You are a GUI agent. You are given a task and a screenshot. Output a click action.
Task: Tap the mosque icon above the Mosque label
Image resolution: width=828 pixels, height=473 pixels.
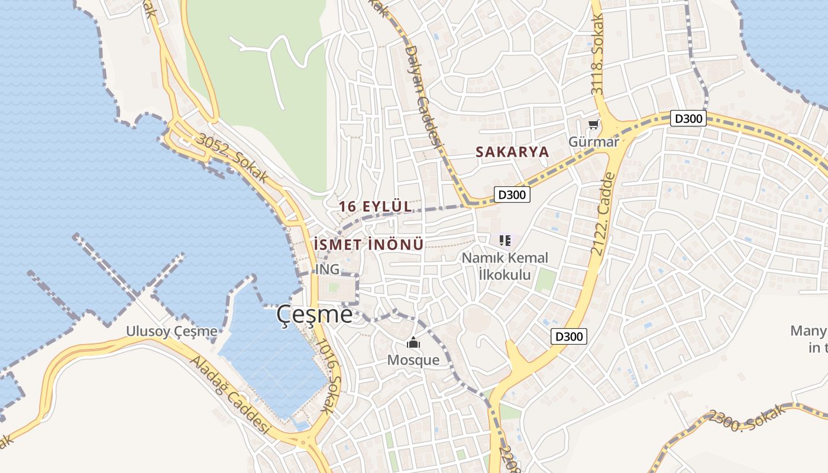tap(413, 343)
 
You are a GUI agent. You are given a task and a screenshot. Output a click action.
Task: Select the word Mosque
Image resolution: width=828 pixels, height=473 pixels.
tap(413, 359)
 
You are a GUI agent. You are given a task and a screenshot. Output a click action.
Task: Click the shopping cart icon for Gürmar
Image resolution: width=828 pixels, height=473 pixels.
tap(593, 125)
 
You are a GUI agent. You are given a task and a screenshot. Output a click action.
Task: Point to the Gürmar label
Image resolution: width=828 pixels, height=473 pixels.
tap(593, 142)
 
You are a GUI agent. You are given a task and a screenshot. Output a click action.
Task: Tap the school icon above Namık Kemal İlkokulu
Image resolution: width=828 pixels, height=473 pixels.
tap(504, 241)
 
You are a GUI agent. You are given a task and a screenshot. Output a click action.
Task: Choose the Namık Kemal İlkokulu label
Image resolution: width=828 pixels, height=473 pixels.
tap(504, 266)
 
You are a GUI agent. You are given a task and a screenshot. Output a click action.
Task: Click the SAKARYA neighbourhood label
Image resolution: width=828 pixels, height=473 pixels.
tap(512, 152)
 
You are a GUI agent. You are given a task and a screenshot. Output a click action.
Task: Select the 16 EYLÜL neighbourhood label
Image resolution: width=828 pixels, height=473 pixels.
tap(376, 206)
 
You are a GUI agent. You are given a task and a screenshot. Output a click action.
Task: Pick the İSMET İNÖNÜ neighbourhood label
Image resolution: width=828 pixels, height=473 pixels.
tap(368, 244)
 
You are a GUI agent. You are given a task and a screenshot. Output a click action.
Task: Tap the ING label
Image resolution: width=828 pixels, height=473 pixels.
tap(328, 269)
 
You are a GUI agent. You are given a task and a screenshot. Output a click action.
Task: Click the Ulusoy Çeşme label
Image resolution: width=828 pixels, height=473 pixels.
tap(172, 331)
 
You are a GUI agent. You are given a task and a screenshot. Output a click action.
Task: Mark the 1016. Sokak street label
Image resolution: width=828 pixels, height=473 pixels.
tap(328, 375)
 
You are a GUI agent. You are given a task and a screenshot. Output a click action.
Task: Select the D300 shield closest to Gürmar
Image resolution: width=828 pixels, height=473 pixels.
tap(688, 119)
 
